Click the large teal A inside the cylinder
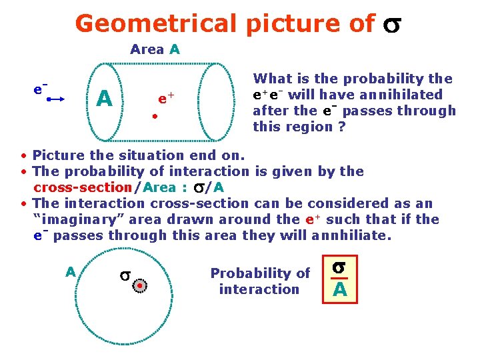click(x=104, y=99)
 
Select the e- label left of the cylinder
click(x=41, y=87)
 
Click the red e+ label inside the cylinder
click(x=166, y=99)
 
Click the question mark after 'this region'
click(x=341, y=127)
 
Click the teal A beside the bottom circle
click(x=70, y=272)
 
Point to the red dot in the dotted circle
click(x=141, y=286)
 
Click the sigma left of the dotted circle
click(x=124, y=275)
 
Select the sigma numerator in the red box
click(x=339, y=267)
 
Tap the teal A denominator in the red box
click(x=339, y=290)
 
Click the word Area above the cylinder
click(x=147, y=49)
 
